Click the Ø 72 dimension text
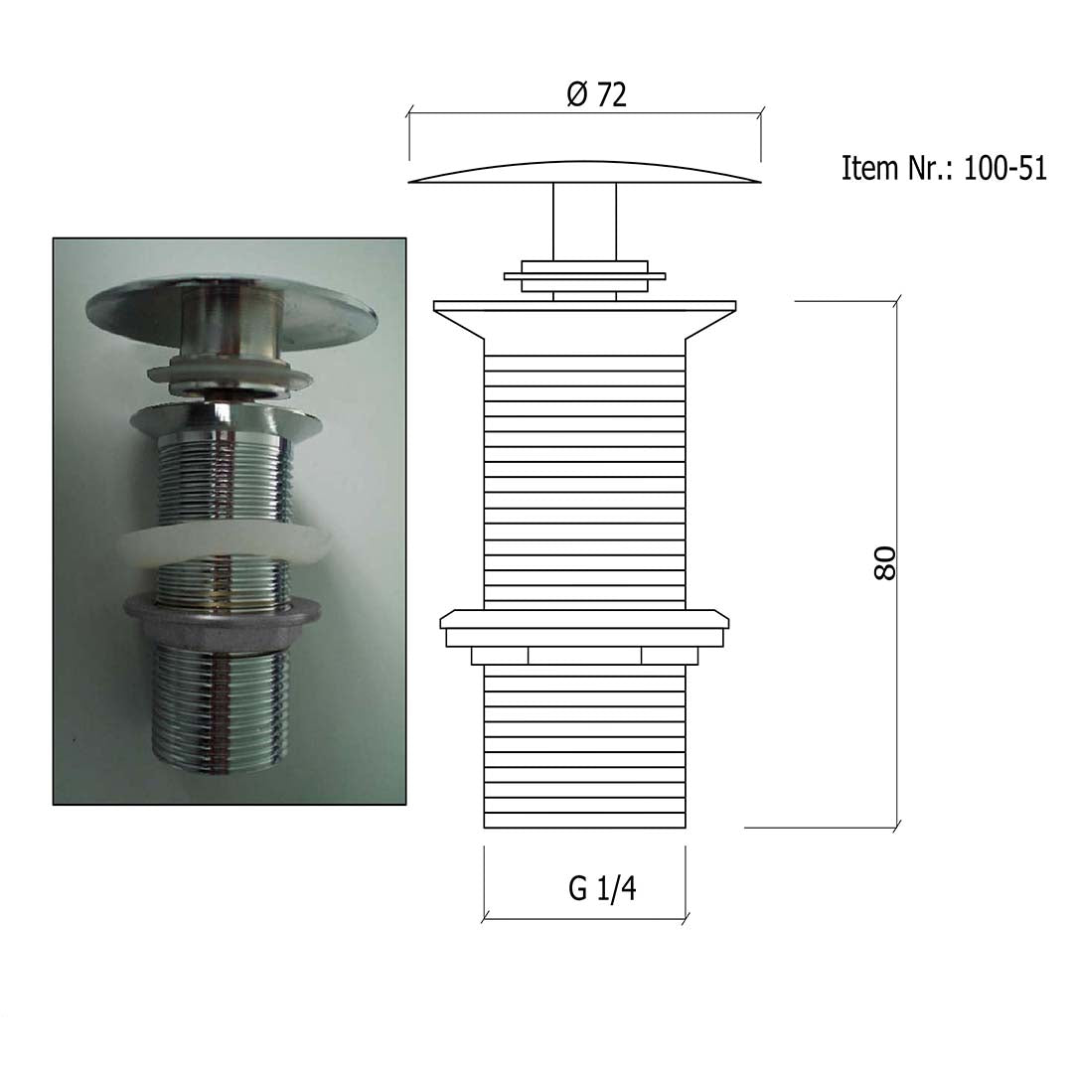pyautogui.click(x=597, y=94)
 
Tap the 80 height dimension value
pyautogui.click(x=885, y=563)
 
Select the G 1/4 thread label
pyautogui.click(x=602, y=888)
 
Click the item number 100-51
pyautogui.click(x=1005, y=168)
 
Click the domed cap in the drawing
pyautogui.click(x=584, y=173)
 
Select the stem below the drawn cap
pyautogui.click(x=584, y=222)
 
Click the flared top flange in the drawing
pyautogui.click(x=584, y=319)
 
